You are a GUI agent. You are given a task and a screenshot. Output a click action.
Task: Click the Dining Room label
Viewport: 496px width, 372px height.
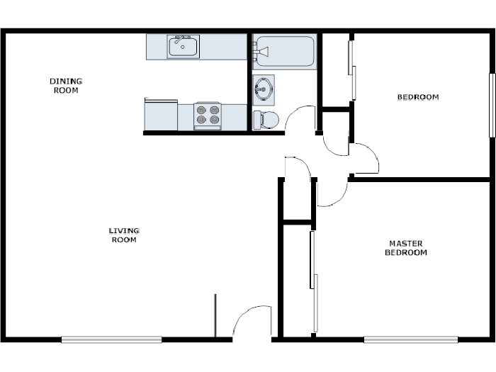(x=64, y=86)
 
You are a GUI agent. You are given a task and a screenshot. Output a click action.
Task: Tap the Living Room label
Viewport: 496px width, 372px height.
(x=123, y=235)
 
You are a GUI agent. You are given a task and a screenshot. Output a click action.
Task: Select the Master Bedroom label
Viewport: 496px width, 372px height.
(x=405, y=248)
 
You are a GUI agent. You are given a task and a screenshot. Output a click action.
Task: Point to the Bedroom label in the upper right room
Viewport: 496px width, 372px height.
(x=417, y=97)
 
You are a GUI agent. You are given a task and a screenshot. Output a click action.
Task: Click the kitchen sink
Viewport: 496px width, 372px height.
(x=184, y=47)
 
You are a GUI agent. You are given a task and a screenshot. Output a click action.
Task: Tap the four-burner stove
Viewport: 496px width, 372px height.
(x=208, y=115)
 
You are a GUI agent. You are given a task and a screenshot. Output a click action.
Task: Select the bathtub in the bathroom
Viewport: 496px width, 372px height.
(x=284, y=52)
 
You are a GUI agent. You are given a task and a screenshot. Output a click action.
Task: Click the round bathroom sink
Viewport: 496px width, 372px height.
(x=264, y=89)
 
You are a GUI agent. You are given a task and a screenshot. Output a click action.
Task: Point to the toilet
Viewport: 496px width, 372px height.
(x=266, y=119)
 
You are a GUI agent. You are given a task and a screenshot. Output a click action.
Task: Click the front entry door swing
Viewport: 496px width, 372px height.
(x=252, y=322)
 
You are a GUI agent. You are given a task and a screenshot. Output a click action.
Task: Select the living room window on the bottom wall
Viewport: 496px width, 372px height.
(x=111, y=339)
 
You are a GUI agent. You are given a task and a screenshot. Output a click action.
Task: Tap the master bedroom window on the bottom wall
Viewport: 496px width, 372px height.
(x=410, y=339)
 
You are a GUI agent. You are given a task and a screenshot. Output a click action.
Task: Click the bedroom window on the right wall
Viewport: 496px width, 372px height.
(x=491, y=105)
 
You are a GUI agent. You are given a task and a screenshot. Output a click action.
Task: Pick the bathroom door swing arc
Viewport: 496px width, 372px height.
(x=303, y=117)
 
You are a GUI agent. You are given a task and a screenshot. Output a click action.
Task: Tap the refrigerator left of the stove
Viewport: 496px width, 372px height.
(x=161, y=115)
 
